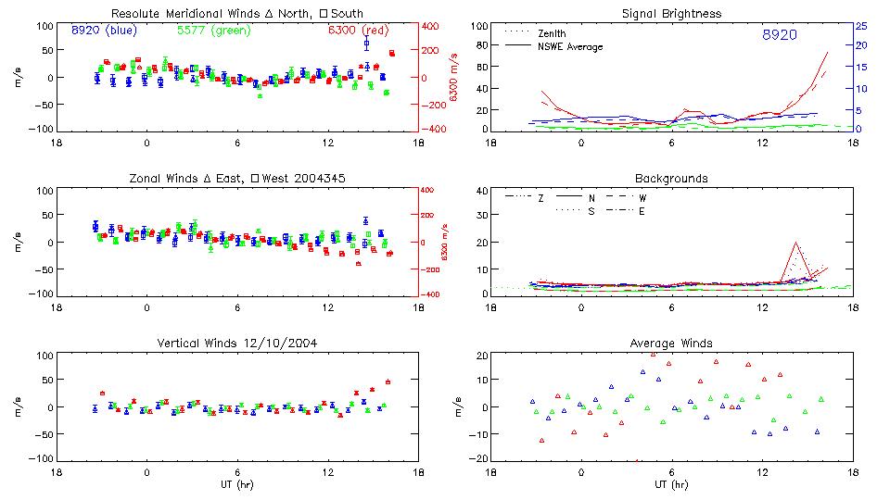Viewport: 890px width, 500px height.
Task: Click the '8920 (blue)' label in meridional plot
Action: [103, 31]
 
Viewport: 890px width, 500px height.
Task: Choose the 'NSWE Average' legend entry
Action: [570, 46]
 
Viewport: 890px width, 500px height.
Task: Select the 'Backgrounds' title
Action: [671, 178]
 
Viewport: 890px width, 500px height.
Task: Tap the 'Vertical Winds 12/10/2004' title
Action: [236, 344]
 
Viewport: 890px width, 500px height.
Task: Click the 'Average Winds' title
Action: [671, 344]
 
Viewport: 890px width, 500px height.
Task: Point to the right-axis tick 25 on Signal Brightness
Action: [860, 26]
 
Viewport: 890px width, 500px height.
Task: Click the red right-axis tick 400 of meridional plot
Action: [433, 26]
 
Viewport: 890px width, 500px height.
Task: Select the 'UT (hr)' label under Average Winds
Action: [671, 483]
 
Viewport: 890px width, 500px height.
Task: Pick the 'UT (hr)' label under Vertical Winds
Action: [236, 483]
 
